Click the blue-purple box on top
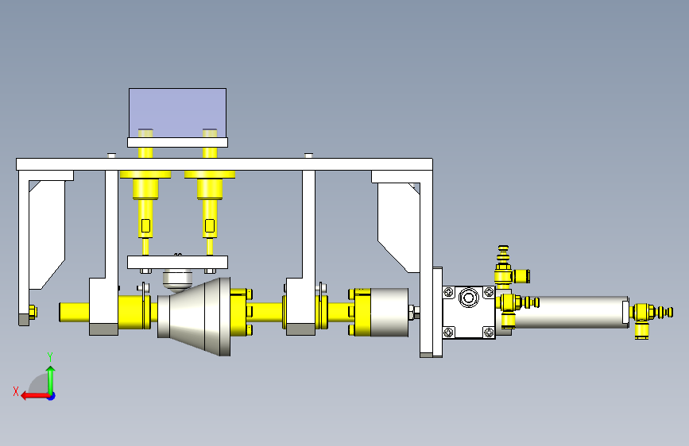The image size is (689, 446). [x=177, y=113]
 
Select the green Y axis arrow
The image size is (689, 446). [x=51, y=381]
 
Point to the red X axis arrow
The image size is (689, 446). [x=36, y=396]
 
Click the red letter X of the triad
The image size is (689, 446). [x=16, y=391]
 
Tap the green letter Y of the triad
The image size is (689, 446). [x=50, y=357]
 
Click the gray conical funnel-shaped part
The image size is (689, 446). [x=194, y=317]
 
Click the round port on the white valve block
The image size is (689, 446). [x=469, y=298]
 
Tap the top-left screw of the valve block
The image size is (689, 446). [x=449, y=292]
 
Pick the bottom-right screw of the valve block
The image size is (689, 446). [x=489, y=332]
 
